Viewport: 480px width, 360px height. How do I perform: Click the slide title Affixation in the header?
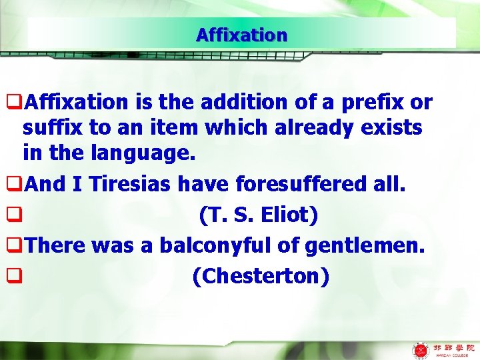(x=241, y=35)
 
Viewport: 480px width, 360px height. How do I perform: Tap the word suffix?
(x=51, y=128)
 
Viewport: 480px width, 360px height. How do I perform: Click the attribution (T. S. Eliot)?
(x=258, y=215)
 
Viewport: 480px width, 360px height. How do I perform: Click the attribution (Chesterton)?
(x=260, y=275)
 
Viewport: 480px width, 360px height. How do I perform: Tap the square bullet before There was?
(x=11, y=246)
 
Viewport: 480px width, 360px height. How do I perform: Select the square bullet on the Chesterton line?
(x=11, y=276)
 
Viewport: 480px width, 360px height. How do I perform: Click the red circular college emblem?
(x=421, y=349)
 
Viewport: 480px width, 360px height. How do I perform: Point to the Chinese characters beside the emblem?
(x=454, y=347)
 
